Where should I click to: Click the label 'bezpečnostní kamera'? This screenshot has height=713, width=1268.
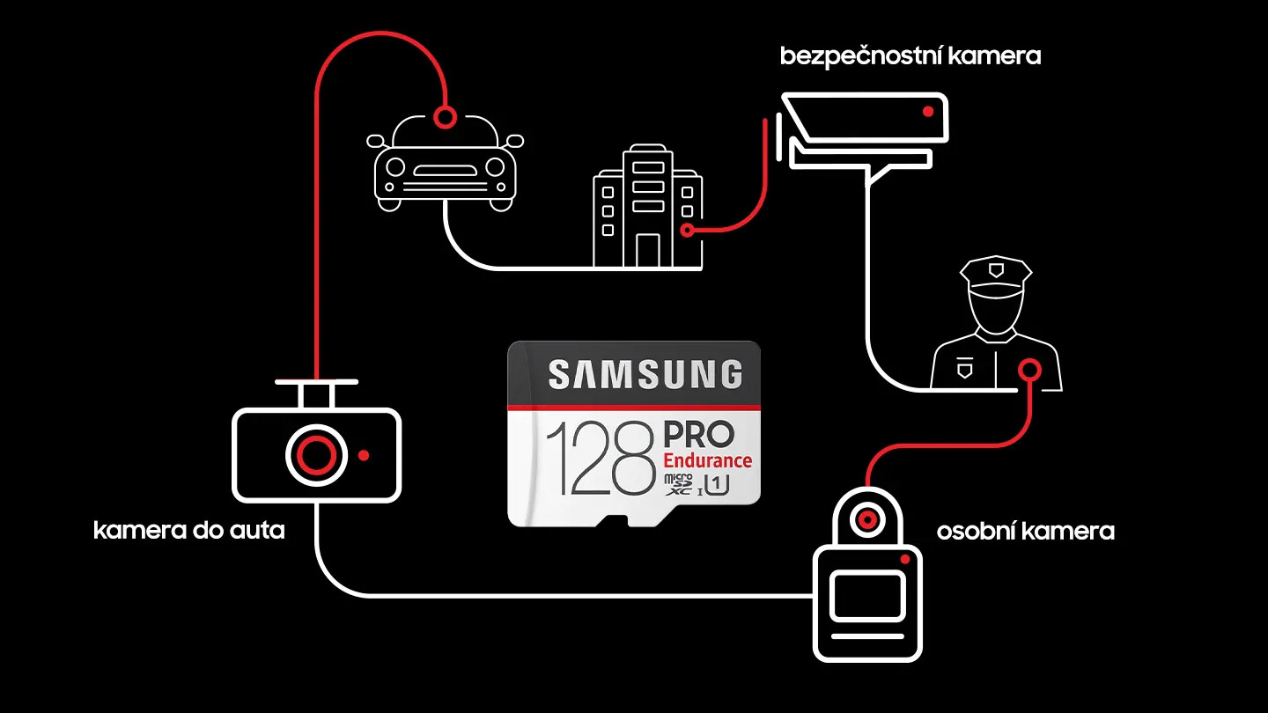pos(910,56)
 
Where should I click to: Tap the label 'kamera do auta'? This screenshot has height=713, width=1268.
pos(188,531)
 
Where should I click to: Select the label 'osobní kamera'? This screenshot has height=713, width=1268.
pos(1025,532)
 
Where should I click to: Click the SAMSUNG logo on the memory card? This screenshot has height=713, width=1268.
pos(645,375)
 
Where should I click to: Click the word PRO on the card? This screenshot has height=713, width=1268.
pos(697,435)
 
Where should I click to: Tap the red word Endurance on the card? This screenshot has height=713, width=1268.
pos(707,460)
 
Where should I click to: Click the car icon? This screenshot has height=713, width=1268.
pos(445,167)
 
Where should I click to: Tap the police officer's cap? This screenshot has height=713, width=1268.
pos(994,273)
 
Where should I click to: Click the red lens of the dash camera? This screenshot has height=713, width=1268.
pos(316,455)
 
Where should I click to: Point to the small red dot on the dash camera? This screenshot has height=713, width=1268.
pos(364,455)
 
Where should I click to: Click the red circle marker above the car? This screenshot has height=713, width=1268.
pos(446,115)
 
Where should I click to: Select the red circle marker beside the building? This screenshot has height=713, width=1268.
pos(688,230)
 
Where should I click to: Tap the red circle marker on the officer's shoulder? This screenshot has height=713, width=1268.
pos(1028,369)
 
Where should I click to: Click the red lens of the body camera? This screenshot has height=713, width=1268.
pos(867,519)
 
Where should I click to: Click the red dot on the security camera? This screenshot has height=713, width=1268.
pos(927,112)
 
